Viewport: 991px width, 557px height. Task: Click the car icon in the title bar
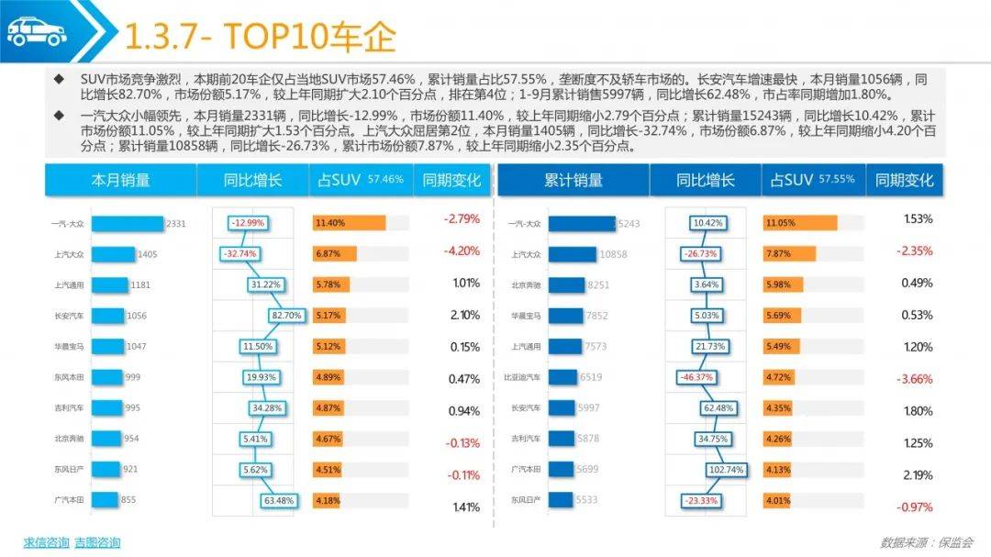[x=37, y=31]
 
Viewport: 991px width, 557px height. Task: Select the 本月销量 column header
[x=120, y=181]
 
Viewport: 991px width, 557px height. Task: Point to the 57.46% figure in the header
[x=385, y=180]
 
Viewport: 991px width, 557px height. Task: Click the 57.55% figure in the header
[x=836, y=180]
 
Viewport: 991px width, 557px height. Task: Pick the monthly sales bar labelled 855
[x=105, y=500]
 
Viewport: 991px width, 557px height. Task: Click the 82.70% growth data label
[x=286, y=316]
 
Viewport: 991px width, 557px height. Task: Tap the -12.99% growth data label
[x=248, y=223]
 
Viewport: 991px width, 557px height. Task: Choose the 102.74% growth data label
[x=726, y=469]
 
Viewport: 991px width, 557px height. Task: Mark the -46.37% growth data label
[x=698, y=377]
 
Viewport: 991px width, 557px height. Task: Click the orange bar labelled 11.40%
[x=349, y=223]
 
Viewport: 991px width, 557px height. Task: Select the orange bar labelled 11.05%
[x=799, y=223]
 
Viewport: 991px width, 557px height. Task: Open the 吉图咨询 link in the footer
[x=97, y=542]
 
